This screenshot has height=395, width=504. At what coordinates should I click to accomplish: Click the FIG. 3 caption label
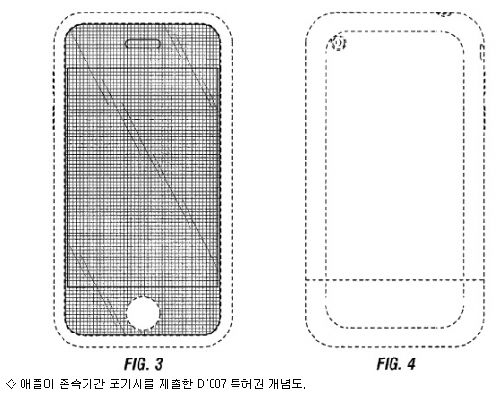click(x=143, y=364)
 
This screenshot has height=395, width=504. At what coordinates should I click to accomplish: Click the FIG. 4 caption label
click(x=395, y=364)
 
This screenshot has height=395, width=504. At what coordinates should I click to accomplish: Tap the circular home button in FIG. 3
click(x=143, y=313)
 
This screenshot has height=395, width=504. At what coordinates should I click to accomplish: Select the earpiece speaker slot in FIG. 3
click(x=142, y=44)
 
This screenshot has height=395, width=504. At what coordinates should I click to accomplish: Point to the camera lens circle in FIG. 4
click(x=339, y=43)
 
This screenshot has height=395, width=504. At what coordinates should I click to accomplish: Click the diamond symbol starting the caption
click(x=12, y=383)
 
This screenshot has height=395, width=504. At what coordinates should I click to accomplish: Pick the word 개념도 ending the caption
click(x=286, y=383)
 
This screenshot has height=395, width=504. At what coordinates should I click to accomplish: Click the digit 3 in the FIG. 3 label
click(x=158, y=364)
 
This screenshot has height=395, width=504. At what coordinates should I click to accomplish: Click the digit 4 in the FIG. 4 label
click(x=410, y=364)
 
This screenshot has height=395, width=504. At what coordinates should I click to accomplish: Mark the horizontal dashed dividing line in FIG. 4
click(x=394, y=280)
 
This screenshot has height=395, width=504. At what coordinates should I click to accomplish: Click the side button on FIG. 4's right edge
click(x=482, y=52)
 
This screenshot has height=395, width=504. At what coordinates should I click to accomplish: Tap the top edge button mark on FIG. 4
click(x=445, y=14)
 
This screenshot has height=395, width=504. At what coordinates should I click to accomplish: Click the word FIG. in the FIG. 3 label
click(x=136, y=364)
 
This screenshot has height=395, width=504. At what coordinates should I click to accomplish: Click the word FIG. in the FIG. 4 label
click(x=389, y=364)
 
